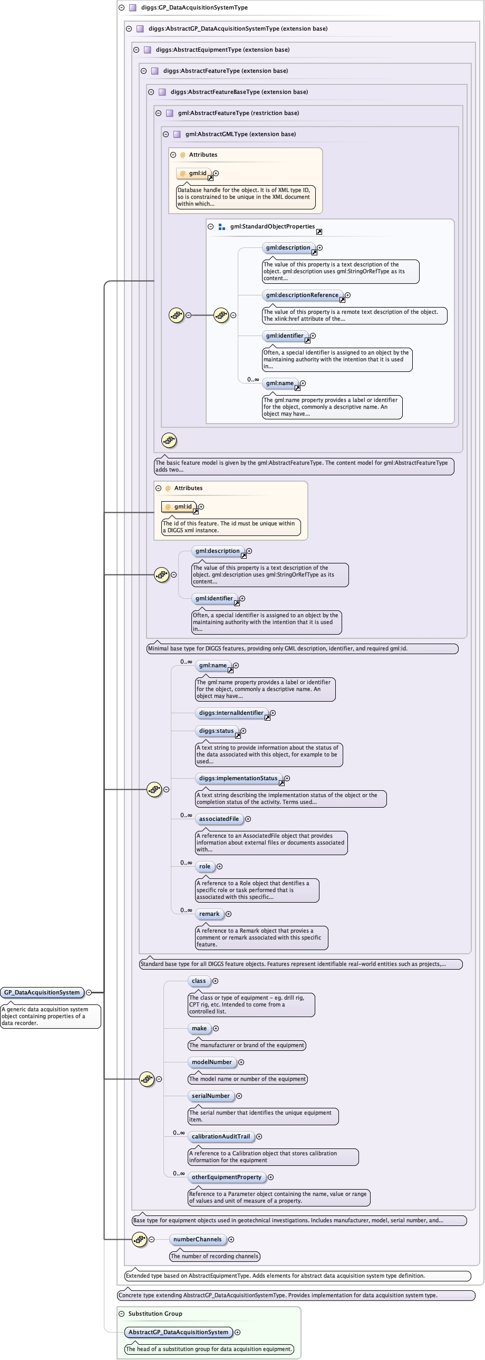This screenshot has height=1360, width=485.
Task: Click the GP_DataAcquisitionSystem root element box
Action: (x=42, y=992)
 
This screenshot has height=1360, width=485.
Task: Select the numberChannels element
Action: (x=197, y=1240)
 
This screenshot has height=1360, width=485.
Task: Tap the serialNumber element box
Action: (x=210, y=1096)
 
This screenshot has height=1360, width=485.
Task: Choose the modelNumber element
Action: (x=211, y=1062)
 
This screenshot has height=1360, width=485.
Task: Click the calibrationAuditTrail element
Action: (x=220, y=1137)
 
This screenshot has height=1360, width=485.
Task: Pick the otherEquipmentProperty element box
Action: (x=226, y=1177)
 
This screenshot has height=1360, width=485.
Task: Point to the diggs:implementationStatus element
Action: (x=238, y=778)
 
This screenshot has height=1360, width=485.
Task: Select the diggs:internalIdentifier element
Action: (x=231, y=713)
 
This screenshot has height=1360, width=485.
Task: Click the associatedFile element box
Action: (x=219, y=819)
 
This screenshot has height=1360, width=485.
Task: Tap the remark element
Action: (x=209, y=914)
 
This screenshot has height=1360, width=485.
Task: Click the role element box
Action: (x=205, y=866)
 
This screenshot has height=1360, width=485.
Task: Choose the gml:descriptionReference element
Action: (x=302, y=295)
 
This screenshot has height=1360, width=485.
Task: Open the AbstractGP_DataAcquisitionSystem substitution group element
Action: (x=178, y=1333)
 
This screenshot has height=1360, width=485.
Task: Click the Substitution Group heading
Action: (x=155, y=1314)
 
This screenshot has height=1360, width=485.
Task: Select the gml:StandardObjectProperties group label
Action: (x=273, y=226)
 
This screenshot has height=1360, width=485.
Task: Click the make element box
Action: (x=199, y=1029)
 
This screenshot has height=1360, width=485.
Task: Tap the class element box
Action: (x=199, y=981)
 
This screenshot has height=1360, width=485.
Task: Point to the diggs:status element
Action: (x=216, y=731)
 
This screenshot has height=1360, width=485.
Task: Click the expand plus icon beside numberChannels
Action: (x=231, y=1240)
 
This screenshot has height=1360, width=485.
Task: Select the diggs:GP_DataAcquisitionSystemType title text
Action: (x=194, y=7)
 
